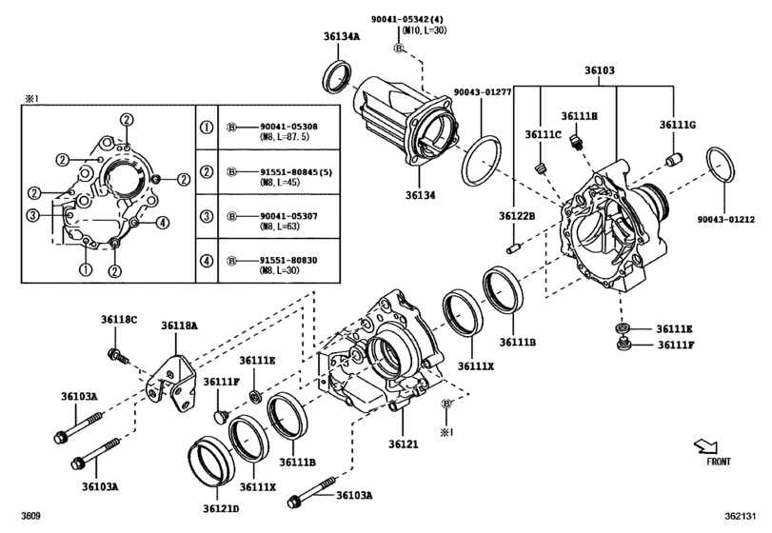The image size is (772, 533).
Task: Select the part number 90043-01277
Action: point(483,92)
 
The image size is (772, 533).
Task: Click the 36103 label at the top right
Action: point(599,71)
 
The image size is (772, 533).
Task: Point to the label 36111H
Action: point(578,115)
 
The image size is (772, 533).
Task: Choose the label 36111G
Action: point(678,125)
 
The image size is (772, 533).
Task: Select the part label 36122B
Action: point(514,217)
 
